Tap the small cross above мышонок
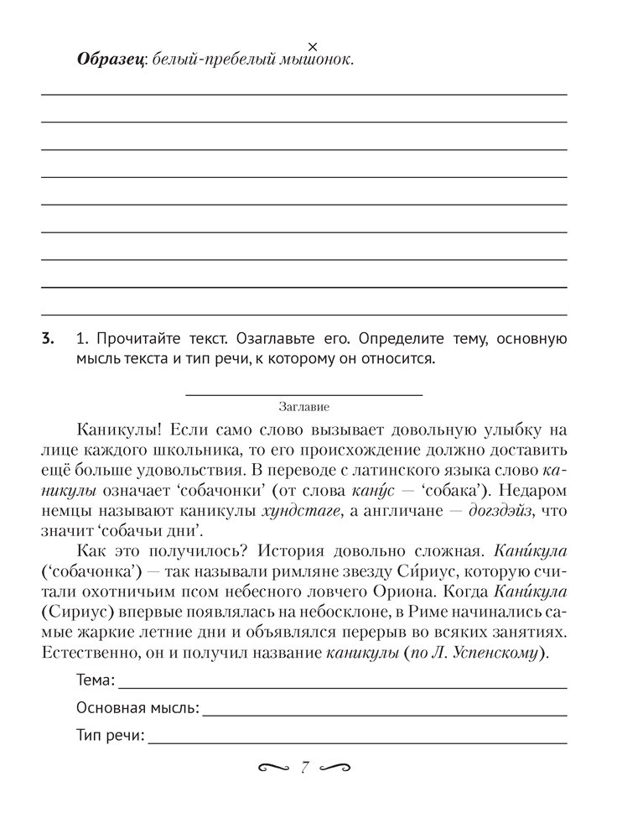[x=313, y=45]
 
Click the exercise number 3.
[x=47, y=340]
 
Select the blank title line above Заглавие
[x=303, y=393]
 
